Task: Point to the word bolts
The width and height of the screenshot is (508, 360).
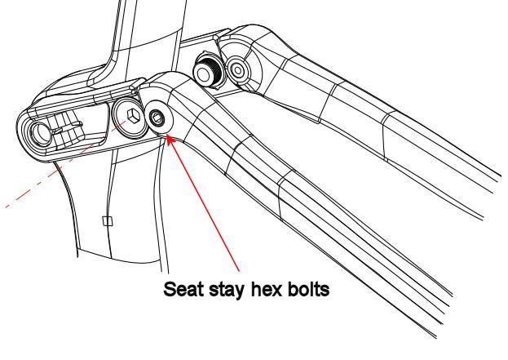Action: tap(307, 289)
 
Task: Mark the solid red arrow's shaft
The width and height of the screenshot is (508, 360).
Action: tap(203, 203)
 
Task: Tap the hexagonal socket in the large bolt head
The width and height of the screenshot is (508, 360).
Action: tap(133, 116)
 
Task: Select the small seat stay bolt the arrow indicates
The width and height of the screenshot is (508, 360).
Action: tap(157, 118)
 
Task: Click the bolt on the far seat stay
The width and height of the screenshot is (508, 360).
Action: tap(238, 70)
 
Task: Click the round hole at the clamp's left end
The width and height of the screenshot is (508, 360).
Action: tap(40, 133)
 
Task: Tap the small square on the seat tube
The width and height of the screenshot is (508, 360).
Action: tap(108, 221)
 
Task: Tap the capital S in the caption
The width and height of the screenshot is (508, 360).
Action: tap(170, 289)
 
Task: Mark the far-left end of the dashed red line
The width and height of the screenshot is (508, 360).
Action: tap(6, 207)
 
